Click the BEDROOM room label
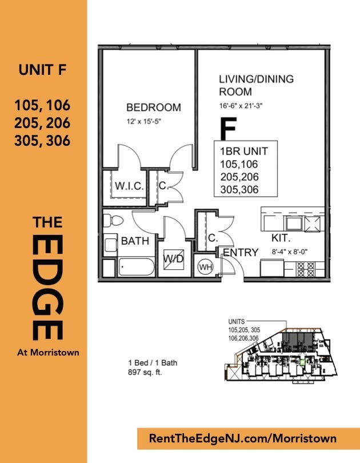tap(154, 107)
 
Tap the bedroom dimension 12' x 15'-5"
tap(143, 121)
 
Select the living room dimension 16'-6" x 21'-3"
tap(241, 106)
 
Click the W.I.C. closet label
tap(129, 186)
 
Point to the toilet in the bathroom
tap(113, 221)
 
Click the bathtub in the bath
tap(136, 267)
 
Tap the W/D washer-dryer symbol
tap(174, 259)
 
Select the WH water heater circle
tap(206, 267)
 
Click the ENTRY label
tap(241, 253)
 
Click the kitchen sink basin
tap(294, 223)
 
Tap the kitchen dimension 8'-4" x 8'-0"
tap(290, 252)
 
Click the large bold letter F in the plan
tap(229, 129)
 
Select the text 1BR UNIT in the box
tap(244, 151)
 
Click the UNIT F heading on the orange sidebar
tap(42, 70)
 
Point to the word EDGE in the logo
tap(47, 287)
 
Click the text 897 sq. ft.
tap(145, 372)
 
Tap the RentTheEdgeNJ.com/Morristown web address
tap(242, 438)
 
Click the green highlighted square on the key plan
tap(302, 362)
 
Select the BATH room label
tap(135, 241)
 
